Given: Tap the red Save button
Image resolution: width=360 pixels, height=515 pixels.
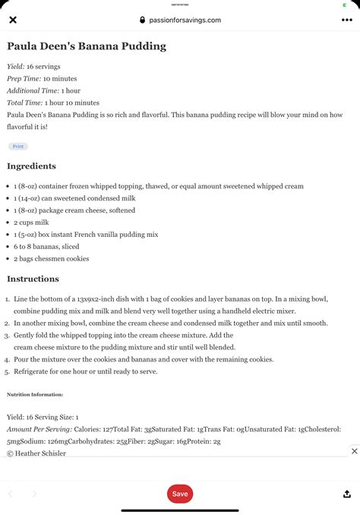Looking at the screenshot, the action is (x=180, y=494).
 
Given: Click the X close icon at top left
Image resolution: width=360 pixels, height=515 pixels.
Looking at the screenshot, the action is (x=12, y=21).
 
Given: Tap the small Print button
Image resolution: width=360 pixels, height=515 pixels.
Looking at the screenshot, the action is (x=17, y=146).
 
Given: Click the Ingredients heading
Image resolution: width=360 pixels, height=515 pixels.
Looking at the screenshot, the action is (x=31, y=166).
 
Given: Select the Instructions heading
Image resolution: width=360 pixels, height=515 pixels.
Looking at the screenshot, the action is (x=33, y=279).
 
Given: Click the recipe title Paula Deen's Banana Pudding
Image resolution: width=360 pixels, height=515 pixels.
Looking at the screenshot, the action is (x=86, y=46).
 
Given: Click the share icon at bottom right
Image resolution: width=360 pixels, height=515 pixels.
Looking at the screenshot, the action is (x=347, y=494).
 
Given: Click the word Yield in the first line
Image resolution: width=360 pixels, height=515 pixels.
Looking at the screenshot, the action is (x=15, y=67).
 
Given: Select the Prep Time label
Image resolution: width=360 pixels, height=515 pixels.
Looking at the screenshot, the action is (x=24, y=78).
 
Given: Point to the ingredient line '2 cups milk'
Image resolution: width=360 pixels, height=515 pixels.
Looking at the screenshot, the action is (x=32, y=223).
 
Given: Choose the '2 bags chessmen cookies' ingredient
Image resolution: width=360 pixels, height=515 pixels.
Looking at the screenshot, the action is (x=51, y=258).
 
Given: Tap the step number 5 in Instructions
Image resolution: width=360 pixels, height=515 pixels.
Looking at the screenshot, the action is (x=7, y=371).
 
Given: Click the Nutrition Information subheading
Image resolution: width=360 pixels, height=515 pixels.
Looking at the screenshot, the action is (x=35, y=395).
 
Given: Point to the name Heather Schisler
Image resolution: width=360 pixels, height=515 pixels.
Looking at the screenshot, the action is (x=40, y=453).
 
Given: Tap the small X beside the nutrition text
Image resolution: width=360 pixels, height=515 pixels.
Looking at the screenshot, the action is (x=354, y=451).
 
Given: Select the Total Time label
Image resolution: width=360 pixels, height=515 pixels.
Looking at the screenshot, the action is (x=24, y=103).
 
